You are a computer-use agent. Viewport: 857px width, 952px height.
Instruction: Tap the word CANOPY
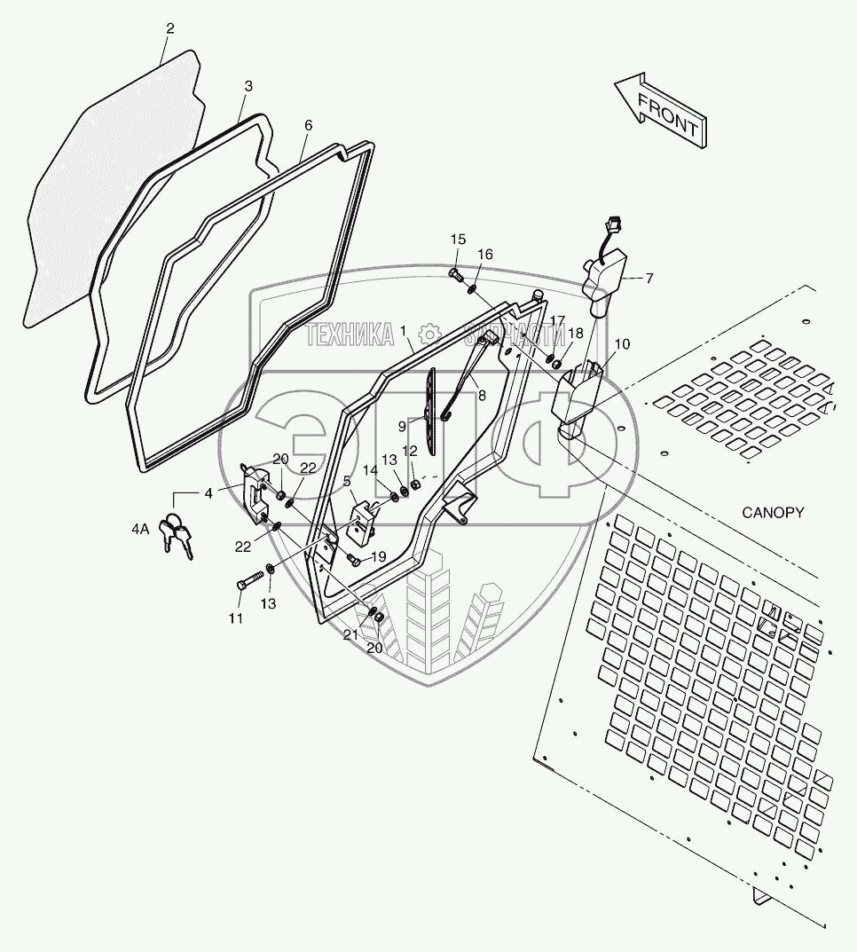[x=773, y=512]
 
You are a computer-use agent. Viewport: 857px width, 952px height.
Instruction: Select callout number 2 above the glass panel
[x=169, y=28]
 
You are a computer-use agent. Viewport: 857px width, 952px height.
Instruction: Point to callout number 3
[x=248, y=86]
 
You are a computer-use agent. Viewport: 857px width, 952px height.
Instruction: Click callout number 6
[x=308, y=125]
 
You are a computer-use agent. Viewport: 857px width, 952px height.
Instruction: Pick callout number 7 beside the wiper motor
[x=649, y=278]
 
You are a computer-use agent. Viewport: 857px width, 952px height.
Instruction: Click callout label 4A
[x=139, y=529]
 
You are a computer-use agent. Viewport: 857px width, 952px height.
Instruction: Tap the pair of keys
[x=176, y=536]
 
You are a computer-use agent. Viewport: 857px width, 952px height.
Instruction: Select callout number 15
[x=458, y=240]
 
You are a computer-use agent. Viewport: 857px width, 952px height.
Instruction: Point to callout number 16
[x=484, y=254]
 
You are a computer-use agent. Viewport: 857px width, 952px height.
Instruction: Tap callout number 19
[x=378, y=556]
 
